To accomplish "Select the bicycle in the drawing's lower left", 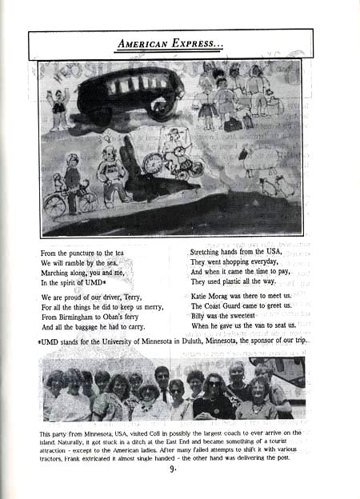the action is pyautogui.click(x=68, y=201).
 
